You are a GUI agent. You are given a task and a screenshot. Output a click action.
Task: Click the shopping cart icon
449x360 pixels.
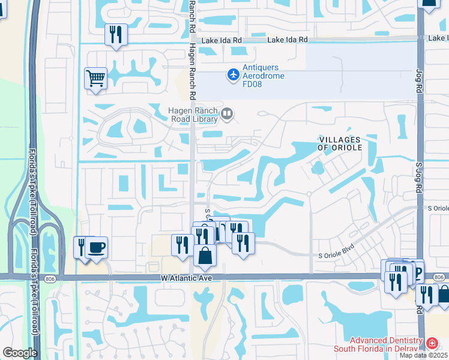coord(95,79)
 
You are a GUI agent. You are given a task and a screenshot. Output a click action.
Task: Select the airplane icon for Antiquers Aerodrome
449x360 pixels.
coord(232,75)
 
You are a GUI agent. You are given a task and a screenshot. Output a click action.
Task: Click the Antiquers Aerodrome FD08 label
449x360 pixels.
coord(264,76)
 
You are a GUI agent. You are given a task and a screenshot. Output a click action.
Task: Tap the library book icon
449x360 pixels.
coord(227,114)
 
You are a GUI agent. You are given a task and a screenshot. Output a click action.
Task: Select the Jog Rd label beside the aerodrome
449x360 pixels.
coord(420,77)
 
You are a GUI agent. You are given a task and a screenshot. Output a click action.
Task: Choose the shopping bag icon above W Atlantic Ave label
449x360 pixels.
coord(205,254)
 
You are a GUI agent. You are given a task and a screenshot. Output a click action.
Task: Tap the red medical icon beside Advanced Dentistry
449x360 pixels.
coord(432,344)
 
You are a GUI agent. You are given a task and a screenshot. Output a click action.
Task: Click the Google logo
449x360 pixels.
coord(20,353)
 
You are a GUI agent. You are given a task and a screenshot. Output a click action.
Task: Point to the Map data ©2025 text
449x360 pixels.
coord(423,355)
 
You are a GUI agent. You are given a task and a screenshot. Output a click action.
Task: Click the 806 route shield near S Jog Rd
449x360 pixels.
coord(439,277)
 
